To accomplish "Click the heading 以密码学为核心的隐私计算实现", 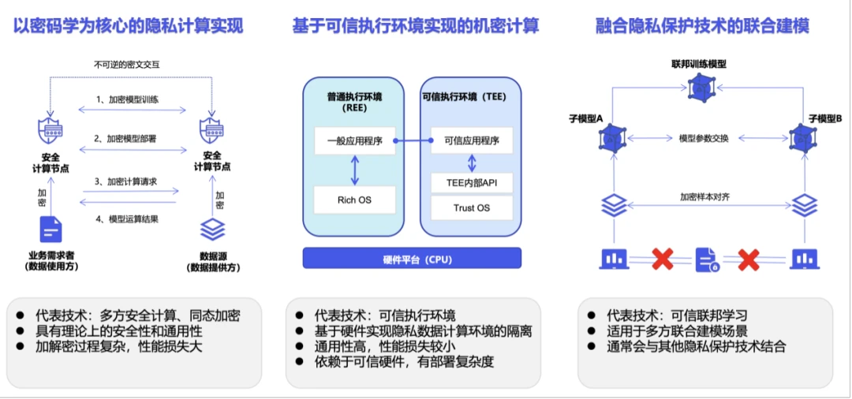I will point(129,26).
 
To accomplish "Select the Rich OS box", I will point(354,199).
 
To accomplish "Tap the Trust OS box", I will point(472,208).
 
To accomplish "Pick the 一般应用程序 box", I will point(354,141).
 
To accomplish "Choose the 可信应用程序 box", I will point(472,141).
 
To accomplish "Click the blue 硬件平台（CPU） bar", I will point(413,259).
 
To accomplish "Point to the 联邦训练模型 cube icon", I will point(698,88).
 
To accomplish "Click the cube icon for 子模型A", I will point(611,138).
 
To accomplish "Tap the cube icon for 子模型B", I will point(803,138).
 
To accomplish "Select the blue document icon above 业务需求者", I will point(51,229).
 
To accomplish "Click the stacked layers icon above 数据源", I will point(212,229).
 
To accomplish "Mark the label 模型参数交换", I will point(708,138).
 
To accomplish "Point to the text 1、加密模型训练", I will point(129,99).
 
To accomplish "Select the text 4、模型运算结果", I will point(128,218).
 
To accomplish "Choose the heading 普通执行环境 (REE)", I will point(354,103).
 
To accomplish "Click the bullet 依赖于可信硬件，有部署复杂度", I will point(407,361).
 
